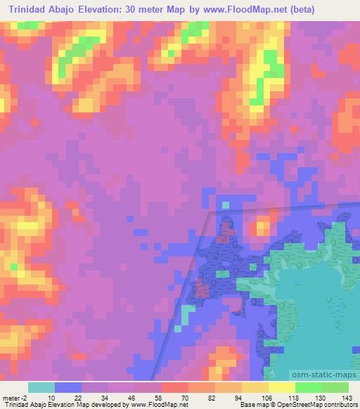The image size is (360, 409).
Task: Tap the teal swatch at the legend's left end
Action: (x=41, y=387)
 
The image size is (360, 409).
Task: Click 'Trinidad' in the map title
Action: (x=32, y=10)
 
